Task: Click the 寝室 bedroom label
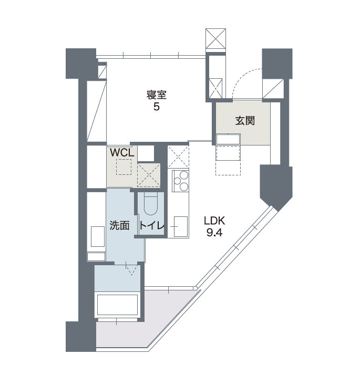coord(157,95)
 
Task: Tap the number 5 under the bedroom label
coord(157,107)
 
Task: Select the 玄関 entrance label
coord(245,121)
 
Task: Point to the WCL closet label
coord(122,153)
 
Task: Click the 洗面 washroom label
coord(119,225)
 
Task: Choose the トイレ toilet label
coord(152,225)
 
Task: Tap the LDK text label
coord(214,221)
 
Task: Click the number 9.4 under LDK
coord(214,232)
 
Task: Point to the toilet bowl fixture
coord(150,204)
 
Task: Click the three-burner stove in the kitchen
coord(181,181)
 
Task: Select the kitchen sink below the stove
coord(181,226)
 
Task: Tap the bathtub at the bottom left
coord(117,305)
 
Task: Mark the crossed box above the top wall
coord(215,39)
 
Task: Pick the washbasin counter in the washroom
coord(98,236)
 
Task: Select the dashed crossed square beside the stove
coord(178,157)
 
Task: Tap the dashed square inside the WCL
coord(124,167)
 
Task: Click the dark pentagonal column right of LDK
coord(276,186)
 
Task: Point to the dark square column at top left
coord(81,63)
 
